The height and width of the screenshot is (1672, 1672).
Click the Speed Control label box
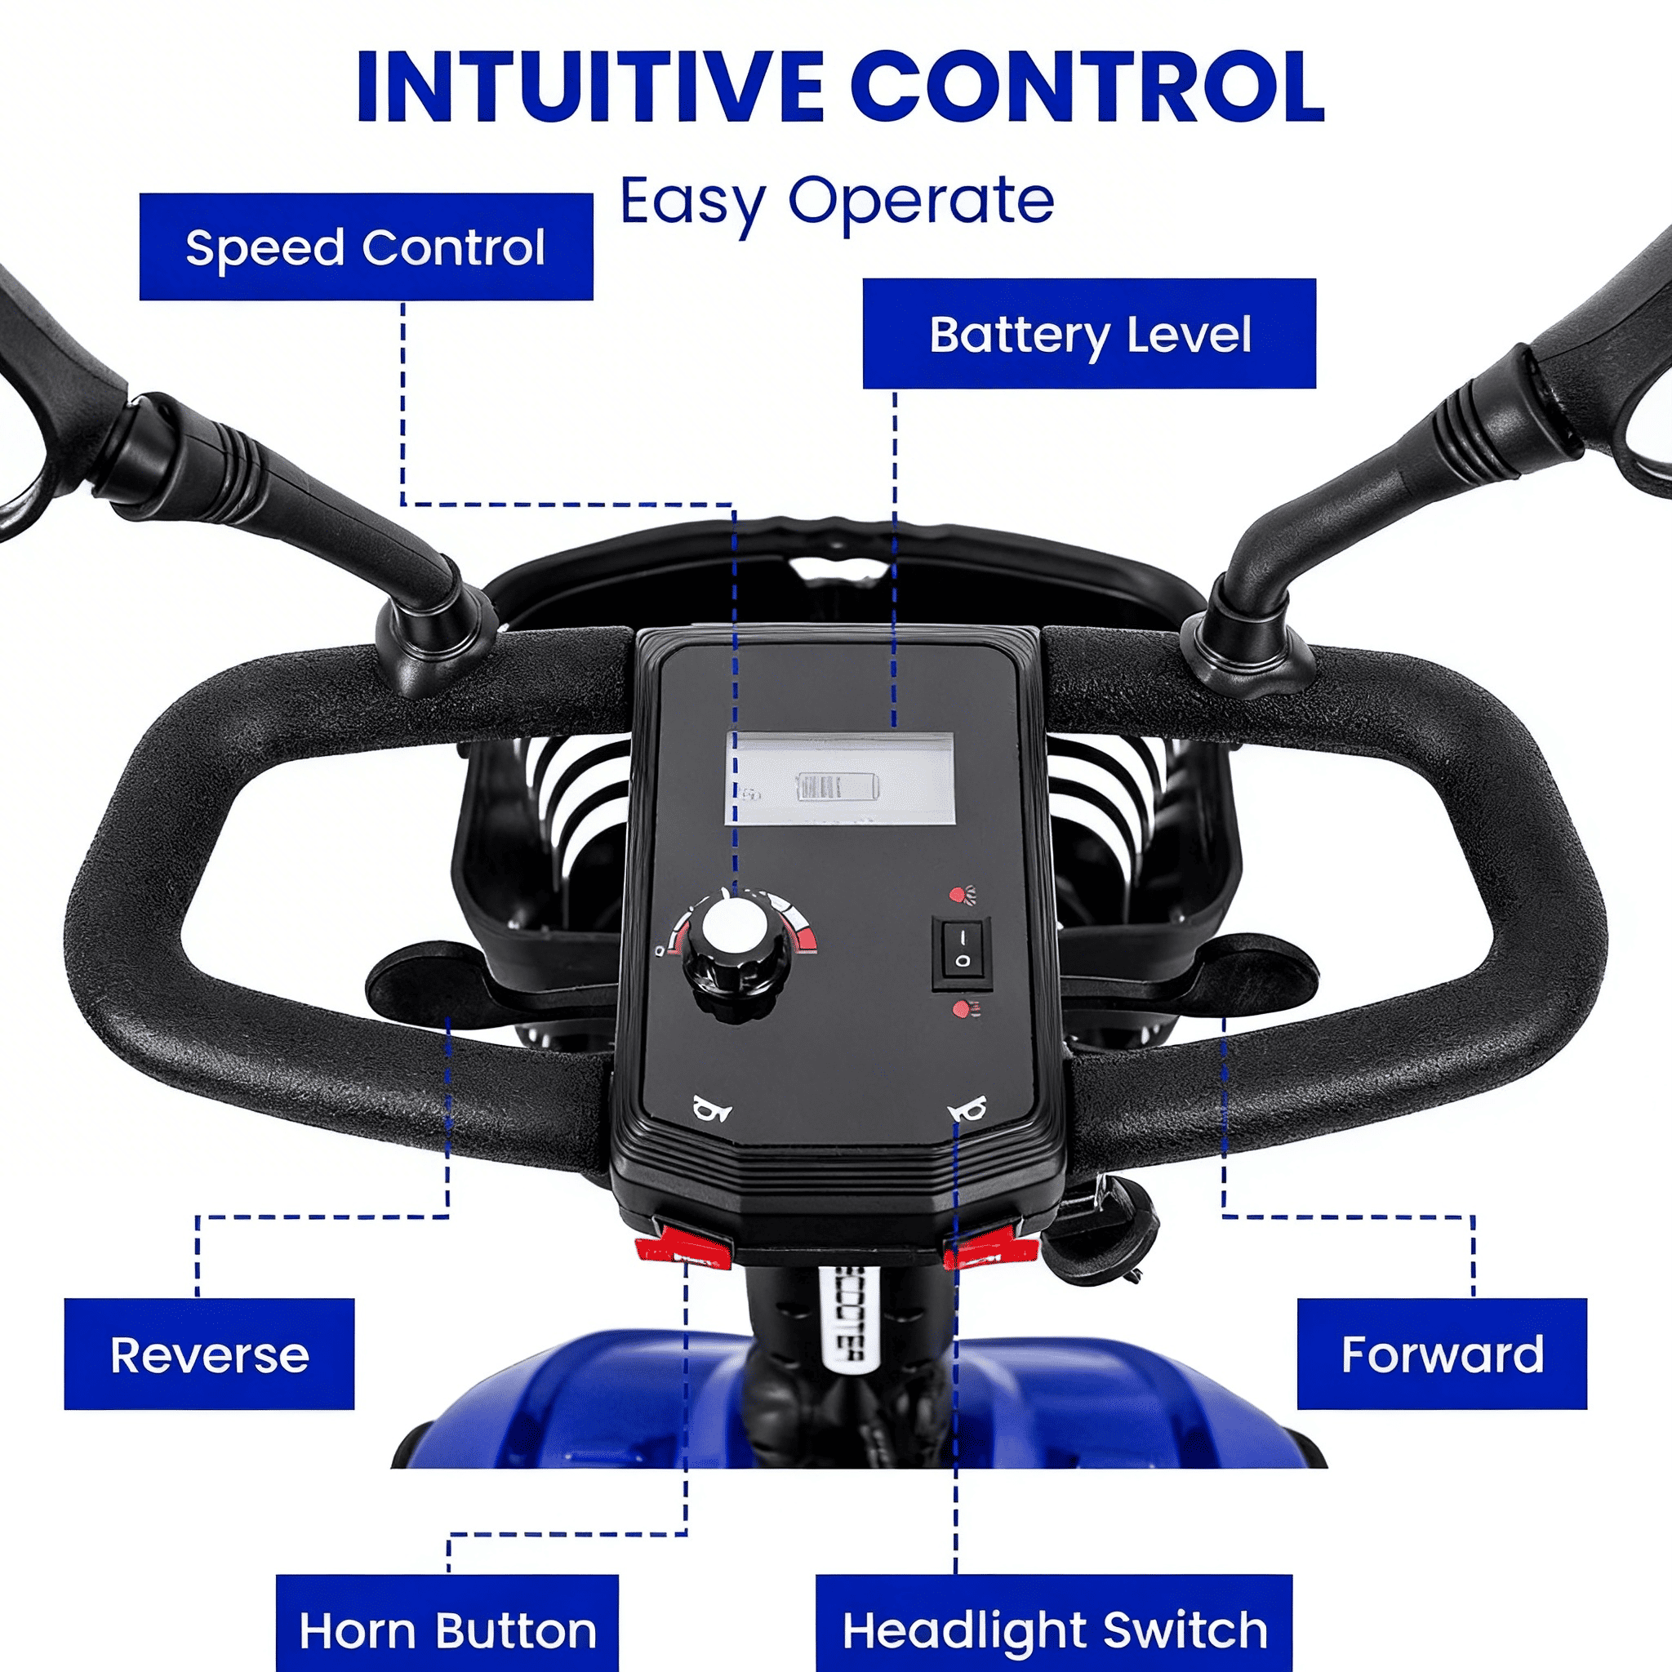tap(365, 247)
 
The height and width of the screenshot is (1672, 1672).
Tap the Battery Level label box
tap(1089, 333)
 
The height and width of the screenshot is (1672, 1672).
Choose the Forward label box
tap(1441, 1354)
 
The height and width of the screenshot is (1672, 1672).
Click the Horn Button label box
tap(447, 1630)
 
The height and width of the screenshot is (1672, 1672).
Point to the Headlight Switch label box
tap(1053, 1630)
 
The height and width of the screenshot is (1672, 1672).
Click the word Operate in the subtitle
tap(920, 201)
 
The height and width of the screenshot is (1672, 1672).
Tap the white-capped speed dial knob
tap(736, 926)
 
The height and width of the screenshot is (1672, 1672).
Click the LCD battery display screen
tap(839, 778)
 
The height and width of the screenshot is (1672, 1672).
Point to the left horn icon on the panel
tap(712, 1109)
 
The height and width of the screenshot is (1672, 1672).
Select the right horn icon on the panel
tap(967, 1109)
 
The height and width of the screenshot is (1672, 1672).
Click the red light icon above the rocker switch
tap(962, 895)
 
